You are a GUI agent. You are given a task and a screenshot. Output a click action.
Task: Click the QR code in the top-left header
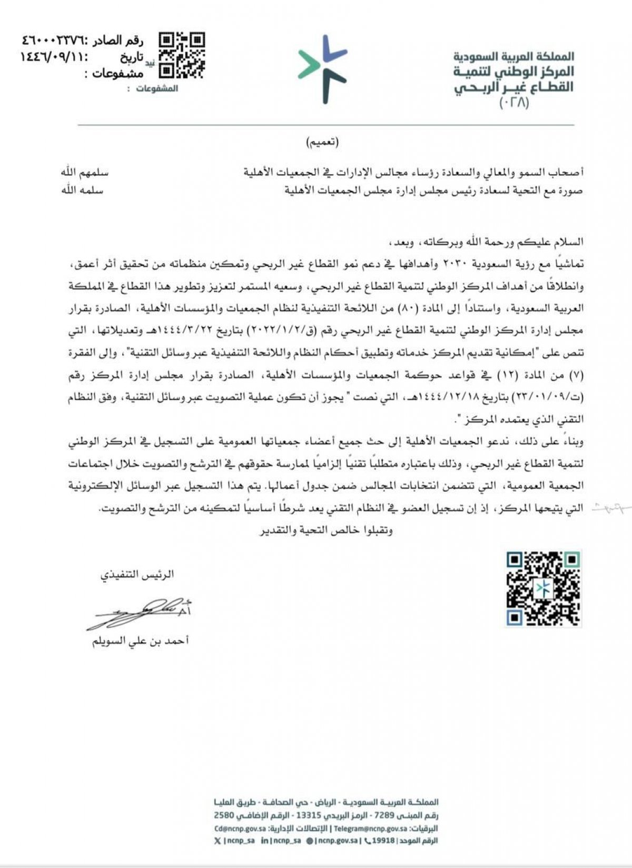click(182, 55)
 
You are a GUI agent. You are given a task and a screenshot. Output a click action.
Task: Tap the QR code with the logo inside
click(544, 588)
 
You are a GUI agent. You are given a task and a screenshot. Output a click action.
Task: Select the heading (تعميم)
click(322, 142)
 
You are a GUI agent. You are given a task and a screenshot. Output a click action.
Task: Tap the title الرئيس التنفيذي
click(137, 574)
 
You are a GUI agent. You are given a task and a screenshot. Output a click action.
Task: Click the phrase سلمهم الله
click(83, 173)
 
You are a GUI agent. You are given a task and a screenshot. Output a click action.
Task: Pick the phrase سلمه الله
click(83, 190)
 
